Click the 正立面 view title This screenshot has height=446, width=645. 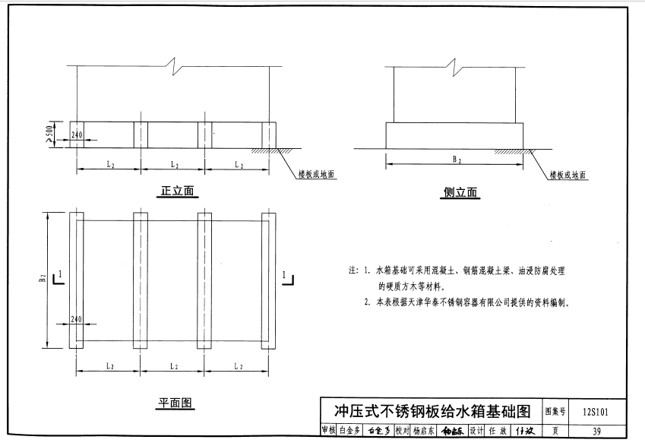tap(178, 191)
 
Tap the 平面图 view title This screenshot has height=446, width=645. tap(177, 403)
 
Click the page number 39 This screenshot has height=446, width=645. tap(596, 431)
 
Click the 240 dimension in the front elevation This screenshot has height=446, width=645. tap(76, 135)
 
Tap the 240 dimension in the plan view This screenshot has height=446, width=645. tap(76, 321)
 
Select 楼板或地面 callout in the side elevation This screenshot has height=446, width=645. tap(568, 175)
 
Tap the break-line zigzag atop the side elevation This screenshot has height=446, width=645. tap(454, 66)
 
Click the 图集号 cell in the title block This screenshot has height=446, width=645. tap(556, 412)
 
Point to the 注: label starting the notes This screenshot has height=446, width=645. tap(353, 270)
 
